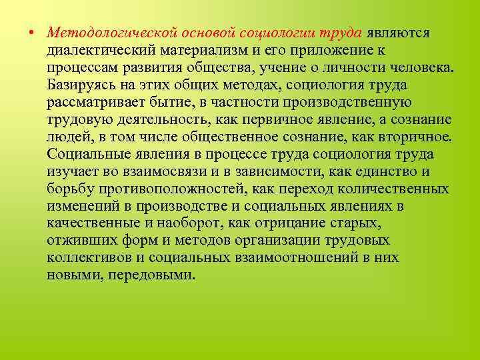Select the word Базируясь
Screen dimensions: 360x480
click(80, 85)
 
